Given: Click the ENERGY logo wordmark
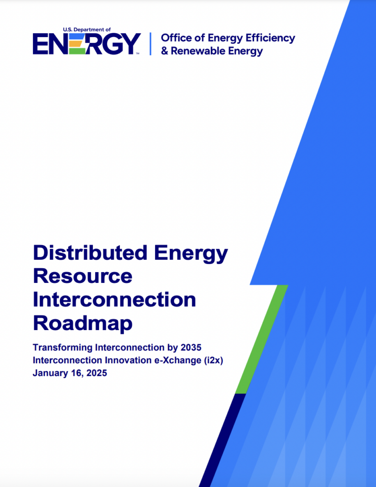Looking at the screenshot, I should (86, 44).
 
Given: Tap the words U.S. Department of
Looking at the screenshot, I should (87, 29).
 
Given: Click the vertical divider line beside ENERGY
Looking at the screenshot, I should (150, 44).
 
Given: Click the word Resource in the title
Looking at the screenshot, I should (82, 276).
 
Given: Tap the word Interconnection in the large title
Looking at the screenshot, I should (114, 300).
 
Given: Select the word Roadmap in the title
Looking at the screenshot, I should (82, 323).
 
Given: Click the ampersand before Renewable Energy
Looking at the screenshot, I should (165, 51).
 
